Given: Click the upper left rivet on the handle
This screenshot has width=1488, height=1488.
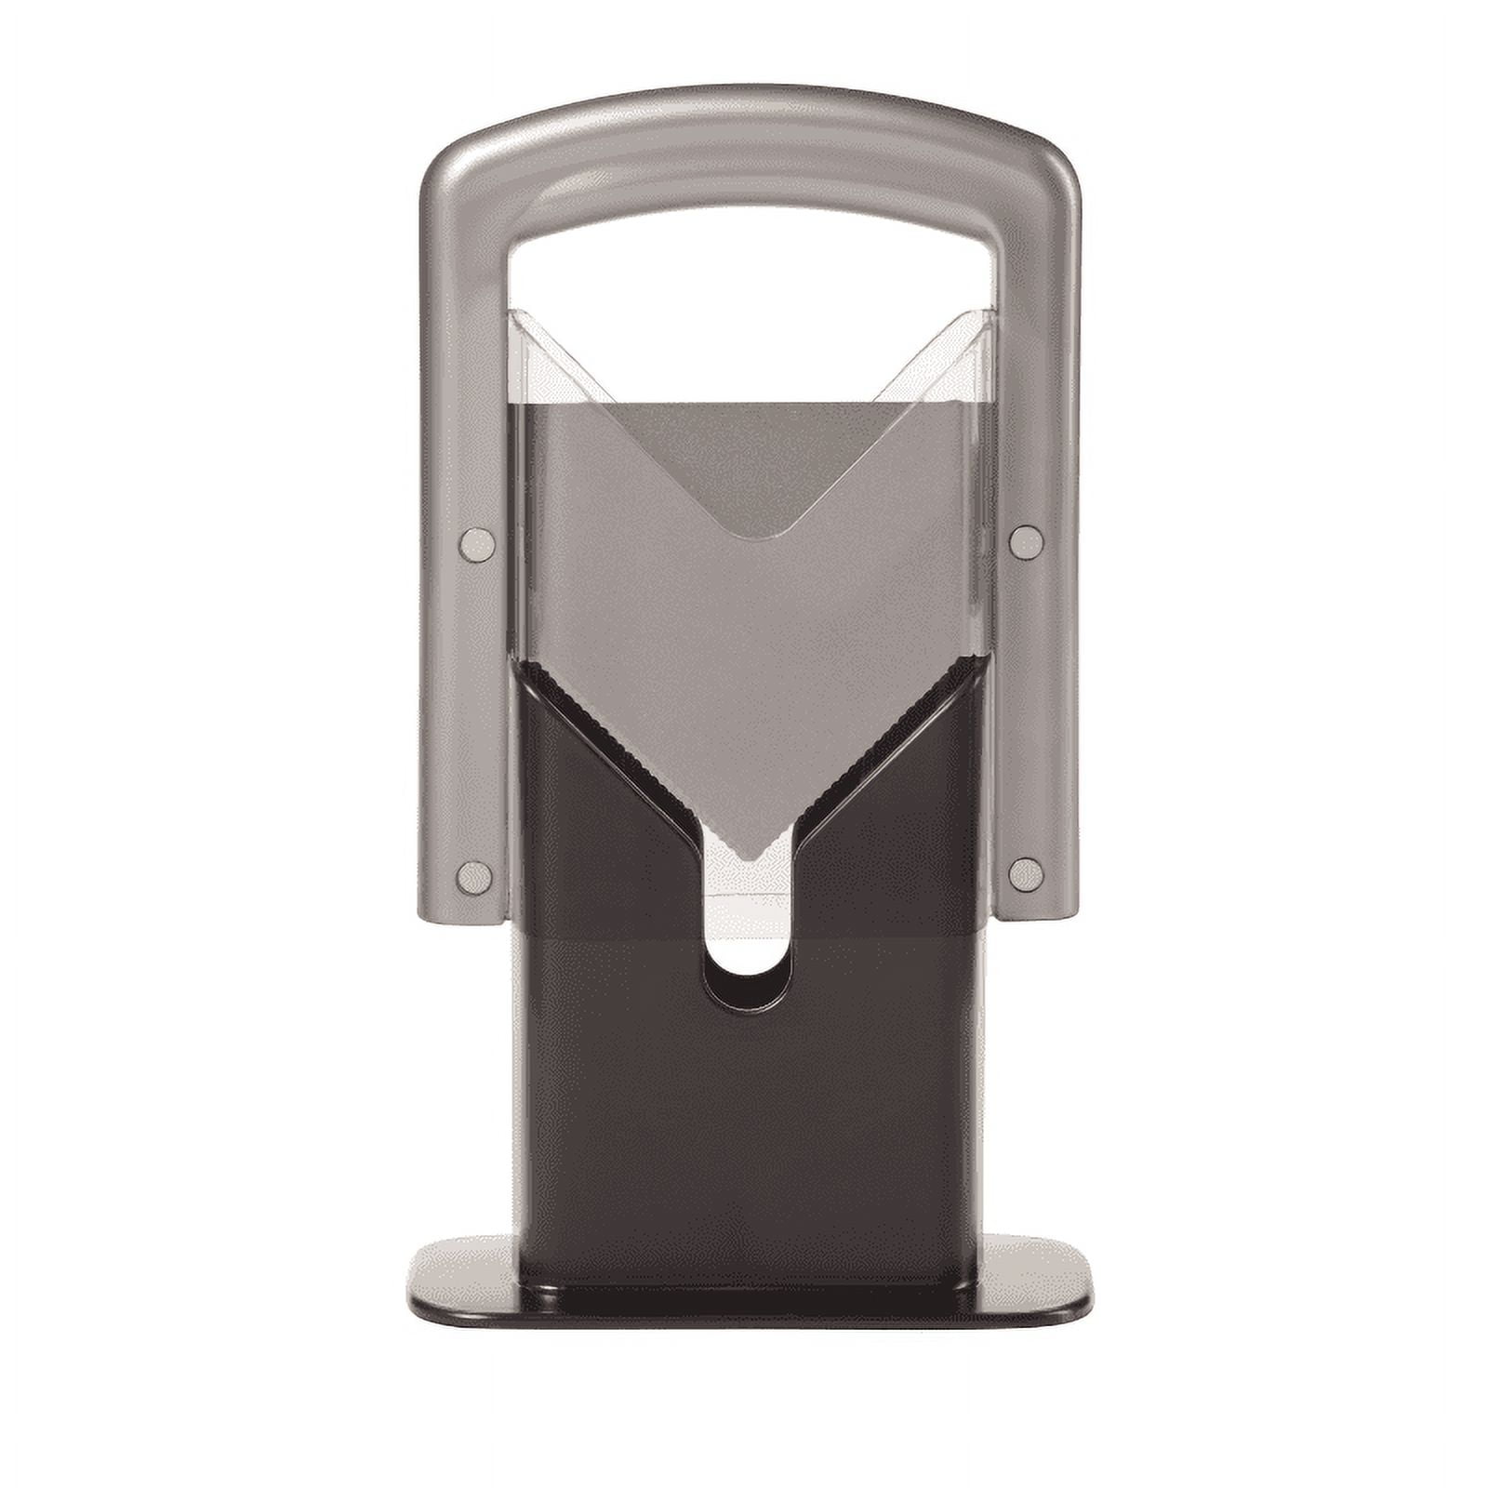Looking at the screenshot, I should (477, 544).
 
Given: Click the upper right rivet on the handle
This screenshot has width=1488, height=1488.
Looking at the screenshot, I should (1026, 542).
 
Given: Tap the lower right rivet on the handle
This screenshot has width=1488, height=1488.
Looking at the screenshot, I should (1025, 875).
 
